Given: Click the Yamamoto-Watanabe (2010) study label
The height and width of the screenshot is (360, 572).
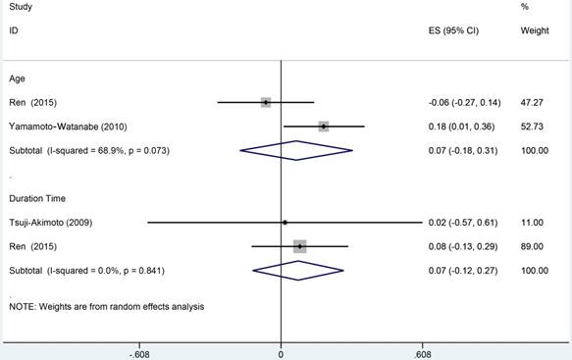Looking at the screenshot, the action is (x=69, y=127).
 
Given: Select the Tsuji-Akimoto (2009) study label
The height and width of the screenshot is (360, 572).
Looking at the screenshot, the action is (x=51, y=223).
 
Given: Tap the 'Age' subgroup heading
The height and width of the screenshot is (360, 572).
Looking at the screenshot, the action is (x=17, y=78).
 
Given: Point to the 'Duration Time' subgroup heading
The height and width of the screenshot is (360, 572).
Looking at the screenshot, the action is (x=37, y=198).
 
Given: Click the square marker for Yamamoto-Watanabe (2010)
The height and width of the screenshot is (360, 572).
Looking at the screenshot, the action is (x=324, y=127).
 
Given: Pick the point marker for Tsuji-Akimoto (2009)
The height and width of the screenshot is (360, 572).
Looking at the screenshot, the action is (x=285, y=223).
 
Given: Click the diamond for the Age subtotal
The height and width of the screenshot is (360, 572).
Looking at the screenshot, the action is (x=296, y=150).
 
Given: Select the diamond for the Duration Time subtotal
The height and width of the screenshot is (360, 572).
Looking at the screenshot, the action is (x=298, y=271).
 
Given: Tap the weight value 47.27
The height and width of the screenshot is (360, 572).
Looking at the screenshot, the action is (x=532, y=102).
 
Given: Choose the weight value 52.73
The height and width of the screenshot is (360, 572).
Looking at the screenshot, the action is (x=532, y=127).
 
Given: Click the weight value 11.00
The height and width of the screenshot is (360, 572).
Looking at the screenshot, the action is (x=532, y=223).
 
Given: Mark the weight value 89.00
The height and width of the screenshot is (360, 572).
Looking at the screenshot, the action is (x=532, y=246).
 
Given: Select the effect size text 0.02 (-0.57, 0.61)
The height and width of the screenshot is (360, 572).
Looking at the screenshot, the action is (x=463, y=223).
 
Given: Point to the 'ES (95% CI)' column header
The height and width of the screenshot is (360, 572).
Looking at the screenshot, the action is (x=453, y=30).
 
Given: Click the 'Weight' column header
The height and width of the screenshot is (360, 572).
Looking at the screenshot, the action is (x=535, y=30).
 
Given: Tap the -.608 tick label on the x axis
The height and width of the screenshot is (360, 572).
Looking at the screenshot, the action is (x=139, y=354).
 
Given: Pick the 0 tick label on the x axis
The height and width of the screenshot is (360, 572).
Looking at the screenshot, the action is (x=281, y=354).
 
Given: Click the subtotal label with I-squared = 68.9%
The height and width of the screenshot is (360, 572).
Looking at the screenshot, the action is (x=89, y=151).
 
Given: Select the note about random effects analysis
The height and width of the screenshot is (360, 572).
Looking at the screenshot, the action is (x=107, y=307).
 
